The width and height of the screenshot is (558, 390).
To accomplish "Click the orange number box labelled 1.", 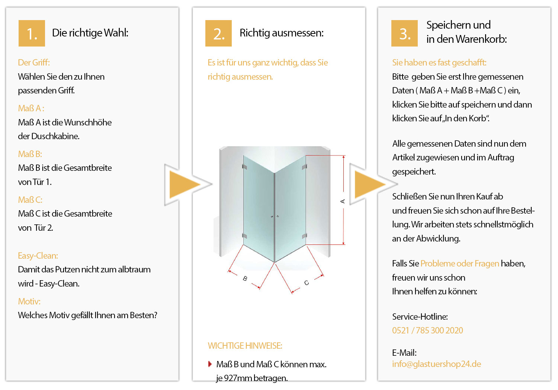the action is [32, 33].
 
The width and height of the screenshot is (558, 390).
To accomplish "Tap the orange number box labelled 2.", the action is [218, 33].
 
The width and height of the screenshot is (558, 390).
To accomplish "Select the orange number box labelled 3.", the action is [405, 33].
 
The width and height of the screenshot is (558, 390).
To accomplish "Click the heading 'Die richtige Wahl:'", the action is [90, 33].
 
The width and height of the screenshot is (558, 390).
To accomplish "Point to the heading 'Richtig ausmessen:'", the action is [282, 33].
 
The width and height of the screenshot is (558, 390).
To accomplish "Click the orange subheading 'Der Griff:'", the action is [34, 63].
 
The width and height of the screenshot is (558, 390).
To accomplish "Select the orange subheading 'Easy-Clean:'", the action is [38, 256].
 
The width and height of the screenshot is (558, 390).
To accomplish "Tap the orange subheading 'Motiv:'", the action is [29, 301].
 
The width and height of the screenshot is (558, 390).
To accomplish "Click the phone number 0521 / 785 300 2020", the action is [427, 330].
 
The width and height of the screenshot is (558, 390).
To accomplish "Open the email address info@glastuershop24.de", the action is [436, 364].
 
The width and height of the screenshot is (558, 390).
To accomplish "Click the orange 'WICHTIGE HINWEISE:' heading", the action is [245, 346].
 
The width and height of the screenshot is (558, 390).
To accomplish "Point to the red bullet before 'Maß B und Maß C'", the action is [210, 364].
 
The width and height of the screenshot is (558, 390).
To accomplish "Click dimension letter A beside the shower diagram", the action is [343, 201].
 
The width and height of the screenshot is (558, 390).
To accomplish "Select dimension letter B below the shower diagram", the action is [245, 278].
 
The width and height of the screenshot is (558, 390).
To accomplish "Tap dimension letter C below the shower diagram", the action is [307, 283].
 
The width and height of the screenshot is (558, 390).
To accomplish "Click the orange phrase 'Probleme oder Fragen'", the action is [459, 263].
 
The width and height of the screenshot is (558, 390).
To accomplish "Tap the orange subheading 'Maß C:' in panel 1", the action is [30, 200].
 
